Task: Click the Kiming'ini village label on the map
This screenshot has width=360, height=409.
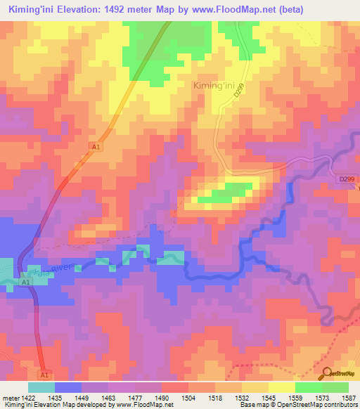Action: (x=214, y=86)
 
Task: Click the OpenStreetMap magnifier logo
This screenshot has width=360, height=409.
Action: (x=326, y=372)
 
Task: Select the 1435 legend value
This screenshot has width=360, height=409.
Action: (x=54, y=398)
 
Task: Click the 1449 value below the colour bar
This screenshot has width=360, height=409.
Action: (x=82, y=398)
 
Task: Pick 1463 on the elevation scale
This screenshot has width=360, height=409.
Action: (x=108, y=398)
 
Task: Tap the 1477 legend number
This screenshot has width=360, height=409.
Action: (x=135, y=398)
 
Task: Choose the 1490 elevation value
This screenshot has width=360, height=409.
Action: (x=162, y=398)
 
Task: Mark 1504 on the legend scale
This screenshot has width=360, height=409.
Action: (x=188, y=398)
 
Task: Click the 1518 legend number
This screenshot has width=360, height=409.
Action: (x=215, y=398)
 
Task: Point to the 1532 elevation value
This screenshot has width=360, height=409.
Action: (x=242, y=398)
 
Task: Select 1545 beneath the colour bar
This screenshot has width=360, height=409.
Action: (x=269, y=398)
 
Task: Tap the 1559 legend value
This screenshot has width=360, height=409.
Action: (x=295, y=398)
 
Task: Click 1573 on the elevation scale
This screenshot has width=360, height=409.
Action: (x=322, y=398)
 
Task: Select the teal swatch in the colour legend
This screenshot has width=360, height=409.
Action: (x=41, y=387)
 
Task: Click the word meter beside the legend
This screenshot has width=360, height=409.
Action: (x=11, y=398)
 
